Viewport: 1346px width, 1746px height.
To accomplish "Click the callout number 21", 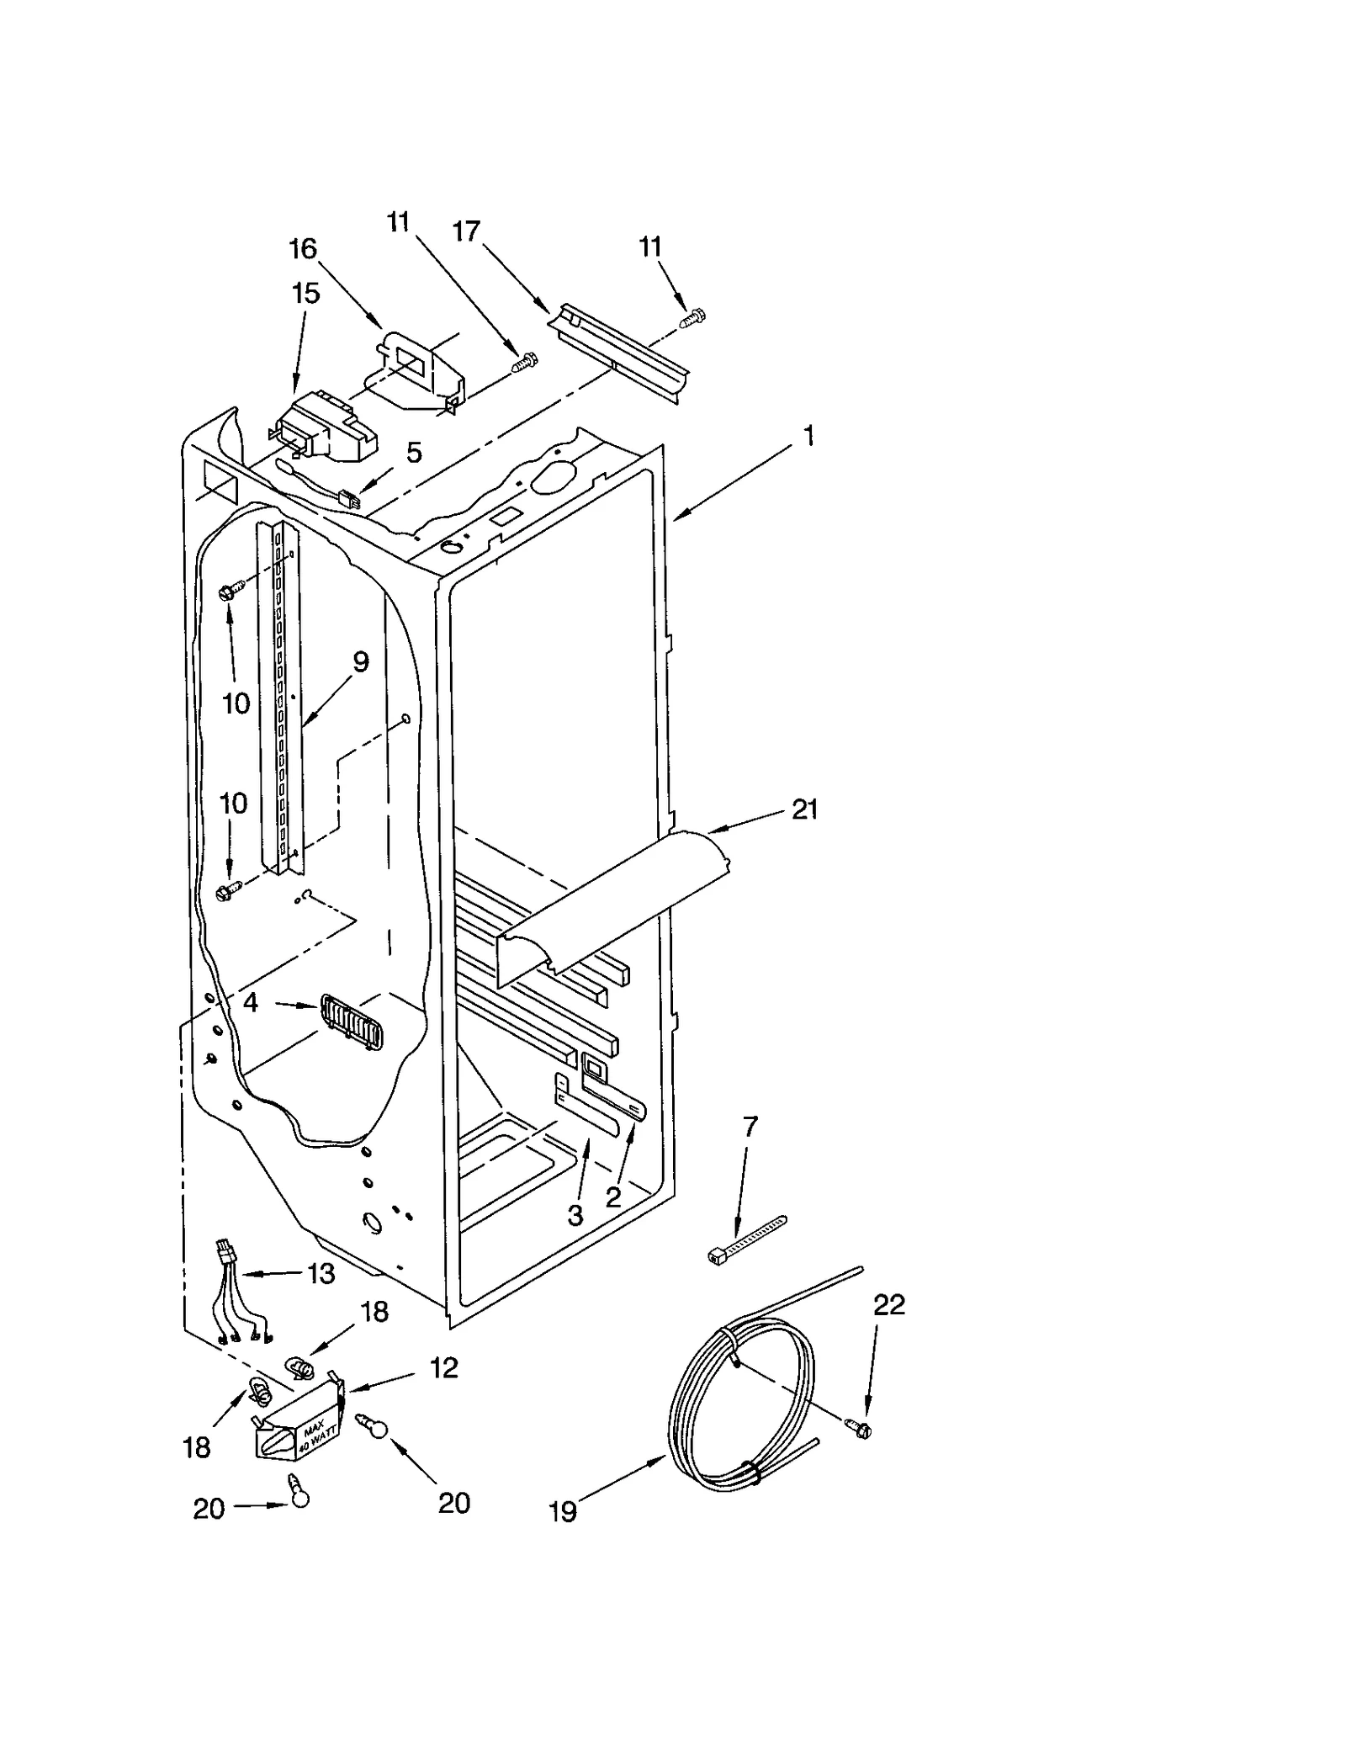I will tap(804, 809).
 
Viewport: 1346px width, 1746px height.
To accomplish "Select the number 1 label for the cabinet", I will tap(808, 436).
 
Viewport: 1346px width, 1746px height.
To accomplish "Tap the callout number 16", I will tap(303, 249).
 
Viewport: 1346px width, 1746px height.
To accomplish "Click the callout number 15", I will tap(305, 294).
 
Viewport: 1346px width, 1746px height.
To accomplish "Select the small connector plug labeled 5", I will tap(347, 500).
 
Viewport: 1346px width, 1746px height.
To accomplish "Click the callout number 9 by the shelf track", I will tap(360, 662).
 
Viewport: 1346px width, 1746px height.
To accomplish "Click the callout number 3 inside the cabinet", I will tap(575, 1215).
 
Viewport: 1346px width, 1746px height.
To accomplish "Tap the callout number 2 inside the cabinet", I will tap(614, 1197).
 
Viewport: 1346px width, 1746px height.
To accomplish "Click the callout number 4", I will tap(250, 1002).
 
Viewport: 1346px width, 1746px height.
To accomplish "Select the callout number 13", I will tap(321, 1274).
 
